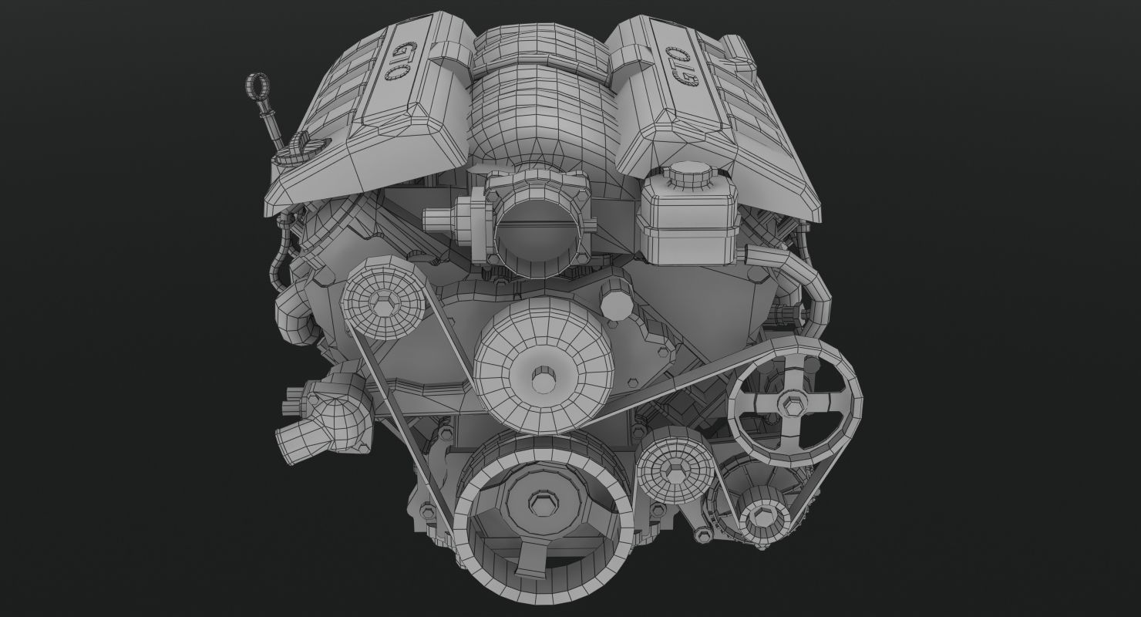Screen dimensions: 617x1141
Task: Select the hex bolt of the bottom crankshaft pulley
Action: tap(537, 504)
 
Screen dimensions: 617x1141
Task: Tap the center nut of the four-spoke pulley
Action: tap(792, 401)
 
